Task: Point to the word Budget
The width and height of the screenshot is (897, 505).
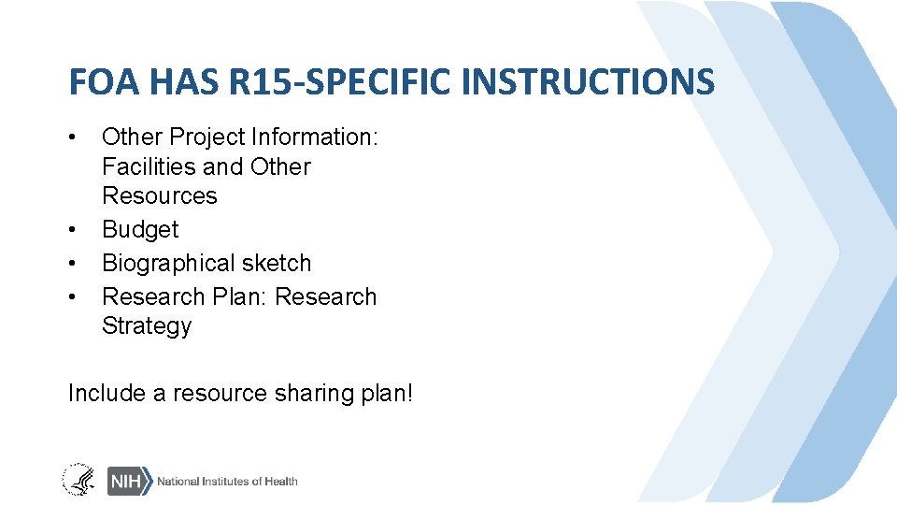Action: click(x=140, y=229)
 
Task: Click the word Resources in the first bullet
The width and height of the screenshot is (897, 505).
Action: click(x=159, y=196)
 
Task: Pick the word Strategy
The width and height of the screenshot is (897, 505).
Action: click(x=147, y=326)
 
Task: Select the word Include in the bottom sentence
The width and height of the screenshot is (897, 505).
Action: click(x=107, y=394)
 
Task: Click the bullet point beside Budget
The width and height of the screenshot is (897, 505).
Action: click(x=73, y=229)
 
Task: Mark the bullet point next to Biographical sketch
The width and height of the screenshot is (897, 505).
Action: click(x=73, y=263)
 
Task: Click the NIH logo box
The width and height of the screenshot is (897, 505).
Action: click(x=128, y=481)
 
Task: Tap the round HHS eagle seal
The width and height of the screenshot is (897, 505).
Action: click(x=78, y=480)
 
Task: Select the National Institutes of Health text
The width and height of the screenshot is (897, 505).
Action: click(x=227, y=481)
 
